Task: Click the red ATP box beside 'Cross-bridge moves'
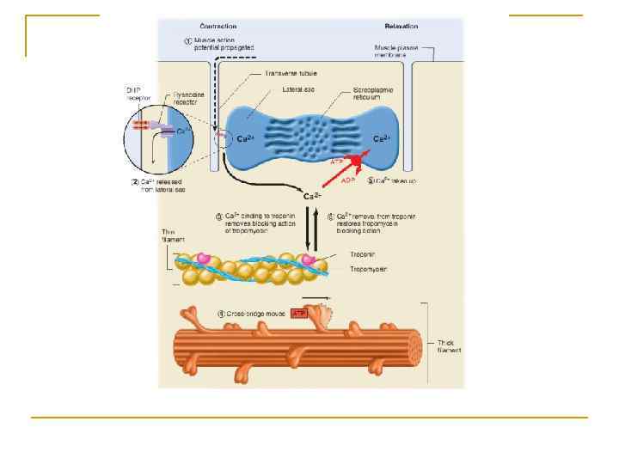click(x=299, y=314)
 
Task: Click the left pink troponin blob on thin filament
click(x=204, y=258)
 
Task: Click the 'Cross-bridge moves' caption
click(x=253, y=314)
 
